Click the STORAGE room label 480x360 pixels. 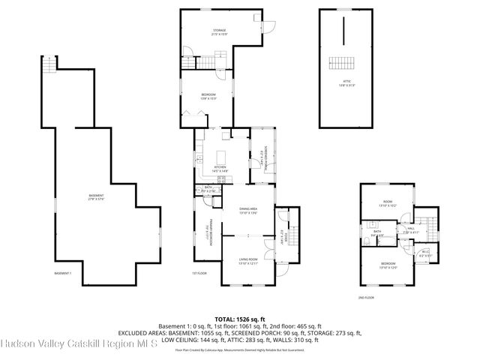click(x=217, y=32)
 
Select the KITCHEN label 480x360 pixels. click(x=220, y=169)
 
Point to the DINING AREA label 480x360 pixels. click(x=248, y=210)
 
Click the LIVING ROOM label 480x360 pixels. click(x=247, y=260)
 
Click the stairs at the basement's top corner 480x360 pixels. click(x=49, y=66)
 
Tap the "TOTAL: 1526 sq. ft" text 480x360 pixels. click(x=240, y=319)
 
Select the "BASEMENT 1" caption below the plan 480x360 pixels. click(x=63, y=272)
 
